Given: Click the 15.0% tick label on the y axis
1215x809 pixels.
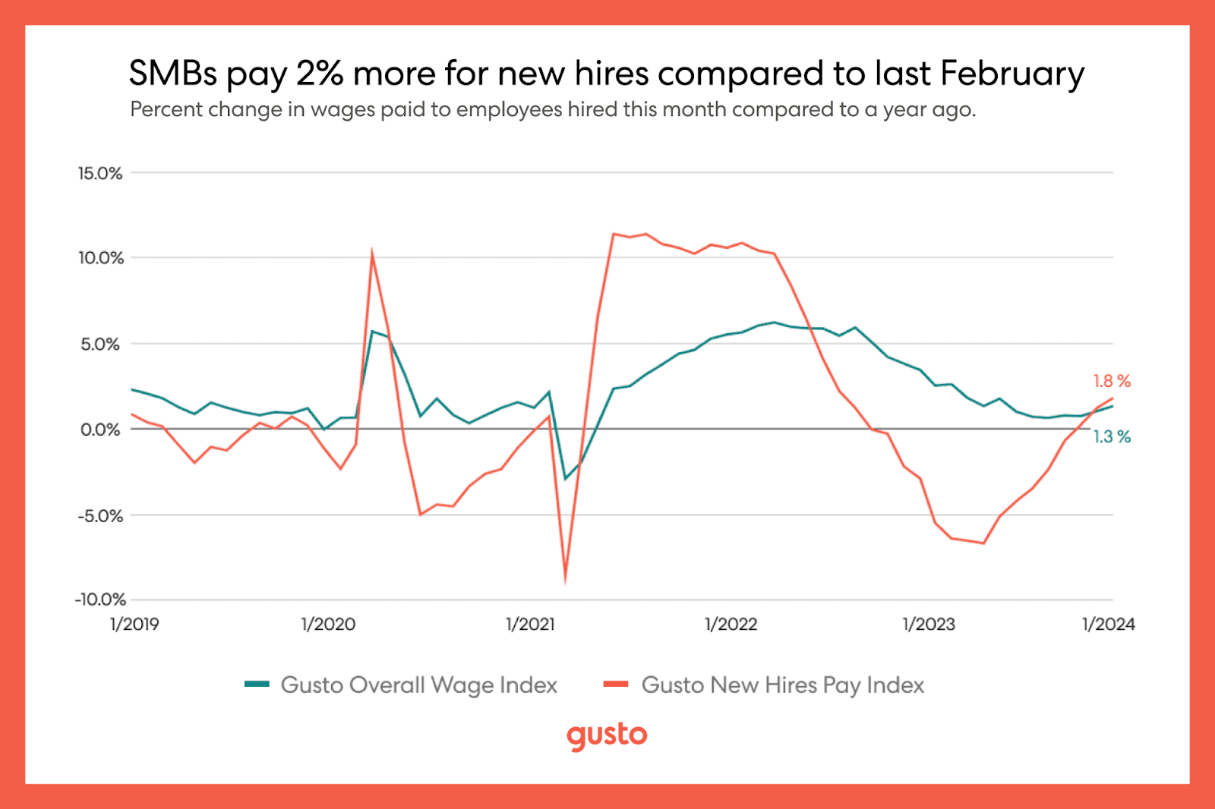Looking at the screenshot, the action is click(100, 174).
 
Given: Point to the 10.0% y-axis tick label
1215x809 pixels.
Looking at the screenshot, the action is click(101, 258).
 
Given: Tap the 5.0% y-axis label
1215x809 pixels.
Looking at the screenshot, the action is click(100, 345).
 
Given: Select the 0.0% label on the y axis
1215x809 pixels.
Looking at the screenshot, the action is click(100, 430).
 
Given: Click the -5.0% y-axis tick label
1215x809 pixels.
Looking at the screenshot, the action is click(100, 516).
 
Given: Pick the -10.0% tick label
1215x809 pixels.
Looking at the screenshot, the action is click(100, 600).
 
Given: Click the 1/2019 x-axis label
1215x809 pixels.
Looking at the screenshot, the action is click(134, 625).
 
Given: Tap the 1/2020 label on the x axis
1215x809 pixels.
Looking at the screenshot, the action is click(328, 625).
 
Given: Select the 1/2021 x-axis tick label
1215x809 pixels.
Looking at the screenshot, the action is click(531, 625).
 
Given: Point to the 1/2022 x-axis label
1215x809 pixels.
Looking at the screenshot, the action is click(731, 625).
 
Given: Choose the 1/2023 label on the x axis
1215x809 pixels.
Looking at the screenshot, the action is click(929, 625).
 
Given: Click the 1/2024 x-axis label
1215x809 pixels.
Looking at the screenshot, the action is click(1109, 625).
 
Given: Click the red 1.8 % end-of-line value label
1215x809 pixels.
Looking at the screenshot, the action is click(1112, 382).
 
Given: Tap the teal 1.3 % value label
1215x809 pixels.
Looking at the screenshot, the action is click(1112, 437).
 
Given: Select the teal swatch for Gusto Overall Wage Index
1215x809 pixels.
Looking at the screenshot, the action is click(257, 685).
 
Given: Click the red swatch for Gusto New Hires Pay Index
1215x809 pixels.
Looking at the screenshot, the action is click(616, 685).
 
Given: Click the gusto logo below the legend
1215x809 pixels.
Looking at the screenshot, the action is click(607, 736).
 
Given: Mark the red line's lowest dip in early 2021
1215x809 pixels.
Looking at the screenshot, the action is click(565, 582).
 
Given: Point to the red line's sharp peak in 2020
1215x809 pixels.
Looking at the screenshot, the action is click(371, 250).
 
